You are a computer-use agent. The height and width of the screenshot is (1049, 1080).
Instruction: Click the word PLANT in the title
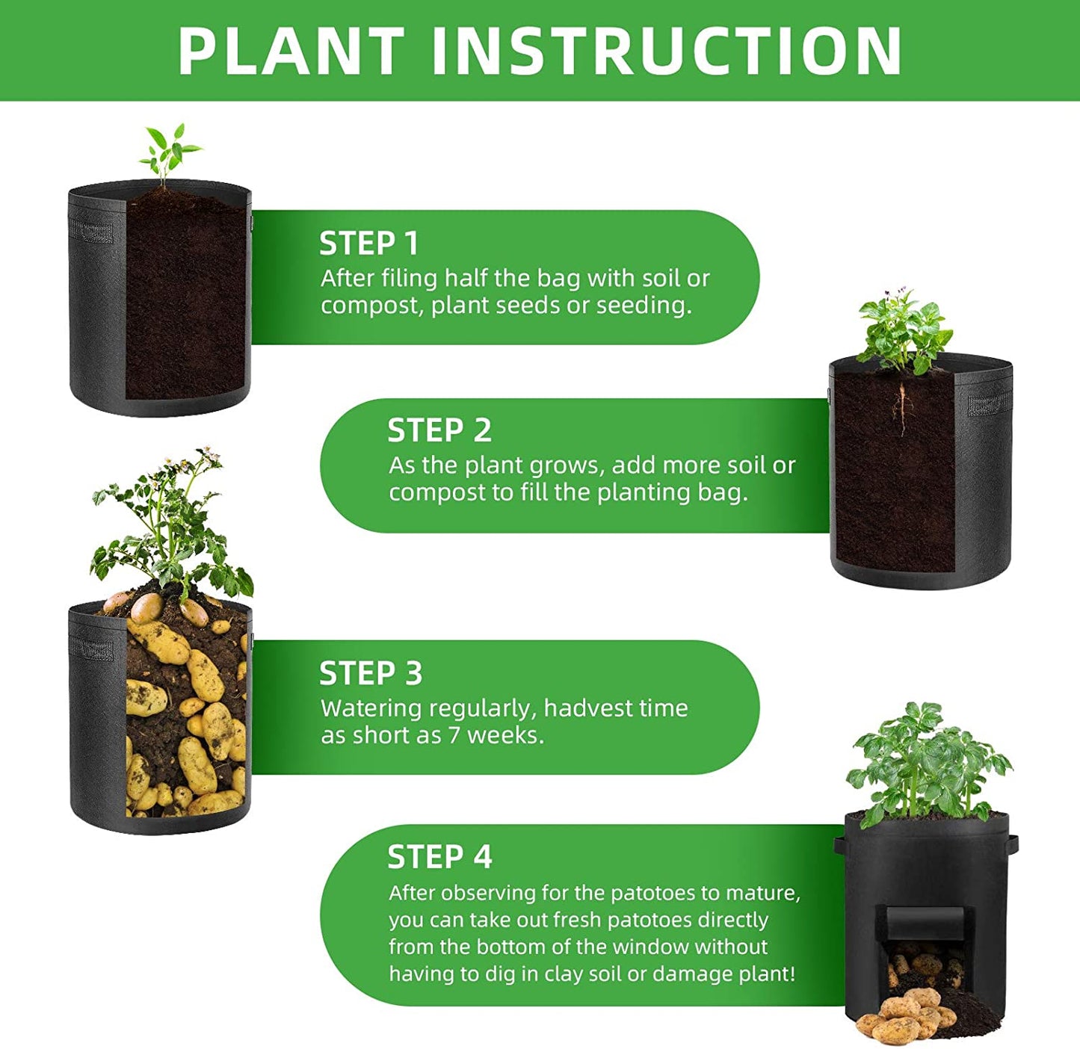[x=291, y=51]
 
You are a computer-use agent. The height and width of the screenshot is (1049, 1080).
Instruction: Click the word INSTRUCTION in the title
[x=667, y=51]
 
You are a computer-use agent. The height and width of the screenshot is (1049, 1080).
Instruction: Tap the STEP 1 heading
[x=368, y=244]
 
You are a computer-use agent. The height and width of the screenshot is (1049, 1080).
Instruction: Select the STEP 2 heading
[x=439, y=431]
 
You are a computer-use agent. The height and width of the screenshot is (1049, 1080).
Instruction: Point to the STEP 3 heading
[x=371, y=673]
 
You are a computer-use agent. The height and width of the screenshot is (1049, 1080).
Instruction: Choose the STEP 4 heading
[x=439, y=857]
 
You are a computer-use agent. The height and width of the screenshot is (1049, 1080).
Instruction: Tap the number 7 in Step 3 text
[x=454, y=735]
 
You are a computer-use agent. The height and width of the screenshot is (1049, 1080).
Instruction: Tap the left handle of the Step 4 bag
[x=839, y=847]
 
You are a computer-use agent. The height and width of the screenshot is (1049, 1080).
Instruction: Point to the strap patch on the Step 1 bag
[x=90, y=231]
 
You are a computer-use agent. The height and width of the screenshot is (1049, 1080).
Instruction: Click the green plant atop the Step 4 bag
[x=928, y=762]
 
